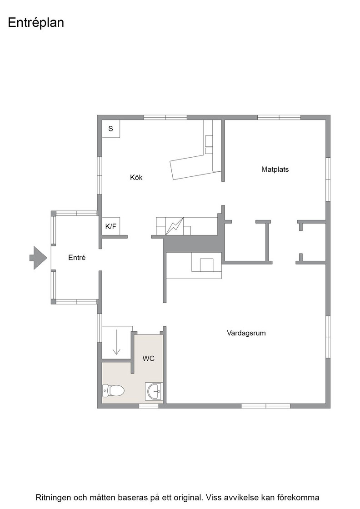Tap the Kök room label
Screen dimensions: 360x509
136,177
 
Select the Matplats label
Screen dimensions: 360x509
275,169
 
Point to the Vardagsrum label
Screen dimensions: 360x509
246,333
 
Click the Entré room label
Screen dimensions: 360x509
77,257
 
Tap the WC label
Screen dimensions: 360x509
148,359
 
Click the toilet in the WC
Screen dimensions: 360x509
113,390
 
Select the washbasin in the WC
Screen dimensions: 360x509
153,391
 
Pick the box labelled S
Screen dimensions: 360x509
111,129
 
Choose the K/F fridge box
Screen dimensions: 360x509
111,226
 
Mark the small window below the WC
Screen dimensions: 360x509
149,406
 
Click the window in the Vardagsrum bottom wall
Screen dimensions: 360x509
266,406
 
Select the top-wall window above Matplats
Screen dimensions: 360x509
279,118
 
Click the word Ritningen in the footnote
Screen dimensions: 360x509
53,498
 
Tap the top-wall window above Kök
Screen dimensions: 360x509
165,118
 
